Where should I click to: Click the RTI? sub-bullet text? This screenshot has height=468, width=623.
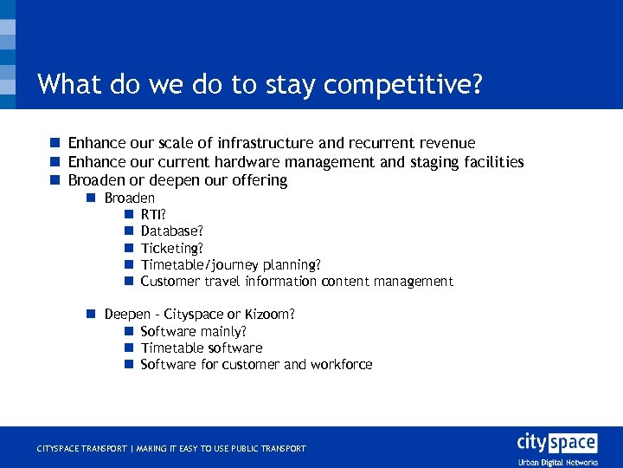point(153,215)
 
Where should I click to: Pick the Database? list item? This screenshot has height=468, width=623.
point(171,231)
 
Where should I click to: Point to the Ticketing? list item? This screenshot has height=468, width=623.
point(171,248)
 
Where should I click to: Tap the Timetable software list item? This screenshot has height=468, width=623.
point(201,348)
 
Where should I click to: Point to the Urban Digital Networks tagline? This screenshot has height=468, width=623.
point(558,462)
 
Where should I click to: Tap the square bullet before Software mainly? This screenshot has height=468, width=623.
point(127,331)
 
